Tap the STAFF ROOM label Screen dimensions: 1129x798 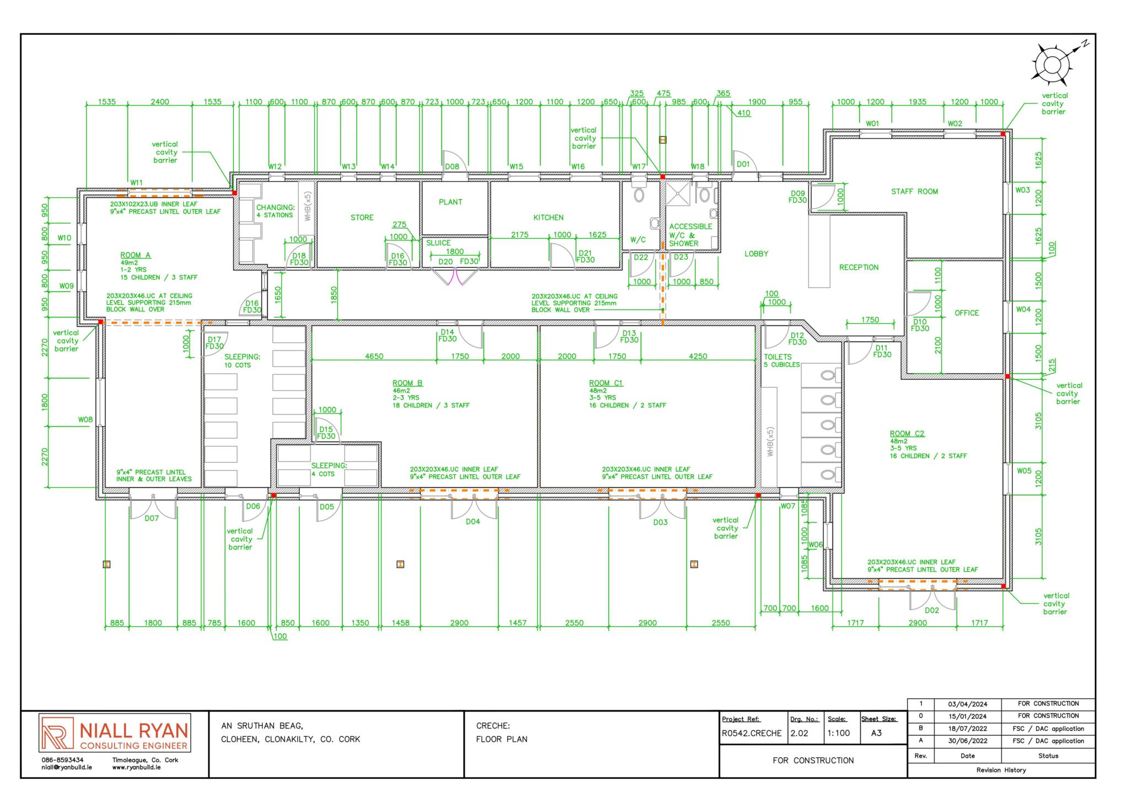point(915,192)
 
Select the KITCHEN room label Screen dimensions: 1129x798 point(548,218)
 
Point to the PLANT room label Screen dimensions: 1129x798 point(450,202)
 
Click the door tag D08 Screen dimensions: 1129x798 point(452,166)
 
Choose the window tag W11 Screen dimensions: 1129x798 point(137,182)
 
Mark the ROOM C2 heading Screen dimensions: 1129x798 point(907,434)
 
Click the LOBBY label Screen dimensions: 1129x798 point(756,254)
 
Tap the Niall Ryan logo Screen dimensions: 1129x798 point(115,733)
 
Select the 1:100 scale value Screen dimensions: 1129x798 point(838,734)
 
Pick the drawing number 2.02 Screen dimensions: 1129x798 point(799,734)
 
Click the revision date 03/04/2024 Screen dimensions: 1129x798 point(967,704)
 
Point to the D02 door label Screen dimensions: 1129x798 point(932,611)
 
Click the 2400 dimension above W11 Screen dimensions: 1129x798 point(160,102)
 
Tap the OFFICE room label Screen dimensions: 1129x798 point(967,313)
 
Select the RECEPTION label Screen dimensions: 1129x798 point(859,268)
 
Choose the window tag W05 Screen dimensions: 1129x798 point(1024,471)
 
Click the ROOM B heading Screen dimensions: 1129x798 point(407,383)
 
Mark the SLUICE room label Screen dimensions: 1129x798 point(438,243)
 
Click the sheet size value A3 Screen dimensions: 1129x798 point(876,733)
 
